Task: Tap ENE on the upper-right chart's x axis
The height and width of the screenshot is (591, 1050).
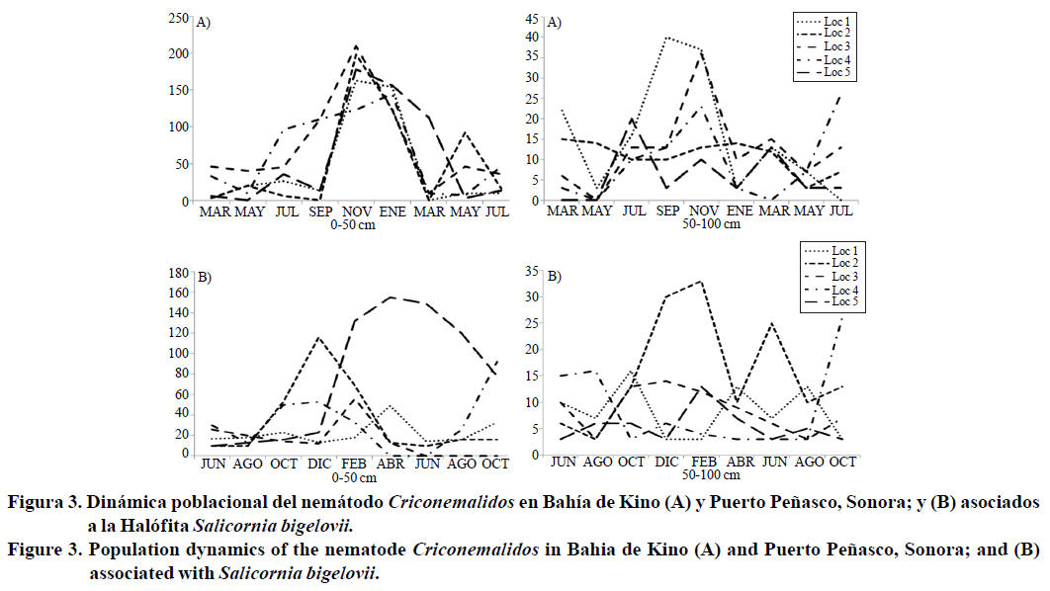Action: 738,211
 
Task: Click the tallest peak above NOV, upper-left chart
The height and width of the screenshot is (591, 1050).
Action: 355,45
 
